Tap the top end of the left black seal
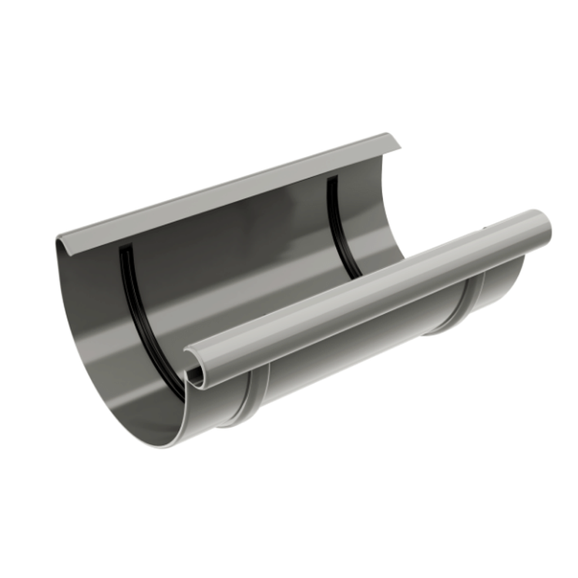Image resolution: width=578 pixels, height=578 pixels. pyautogui.click(x=122, y=250)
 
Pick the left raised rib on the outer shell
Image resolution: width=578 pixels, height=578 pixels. pyautogui.click(x=254, y=397)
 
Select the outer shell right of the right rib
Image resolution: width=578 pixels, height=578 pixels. pyautogui.click(x=501, y=285)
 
